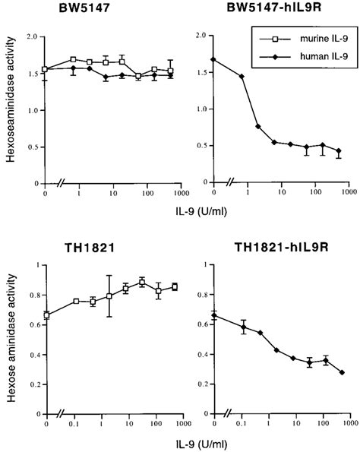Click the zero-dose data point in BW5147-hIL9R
point(215,59)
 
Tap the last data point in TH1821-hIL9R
point(341,372)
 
